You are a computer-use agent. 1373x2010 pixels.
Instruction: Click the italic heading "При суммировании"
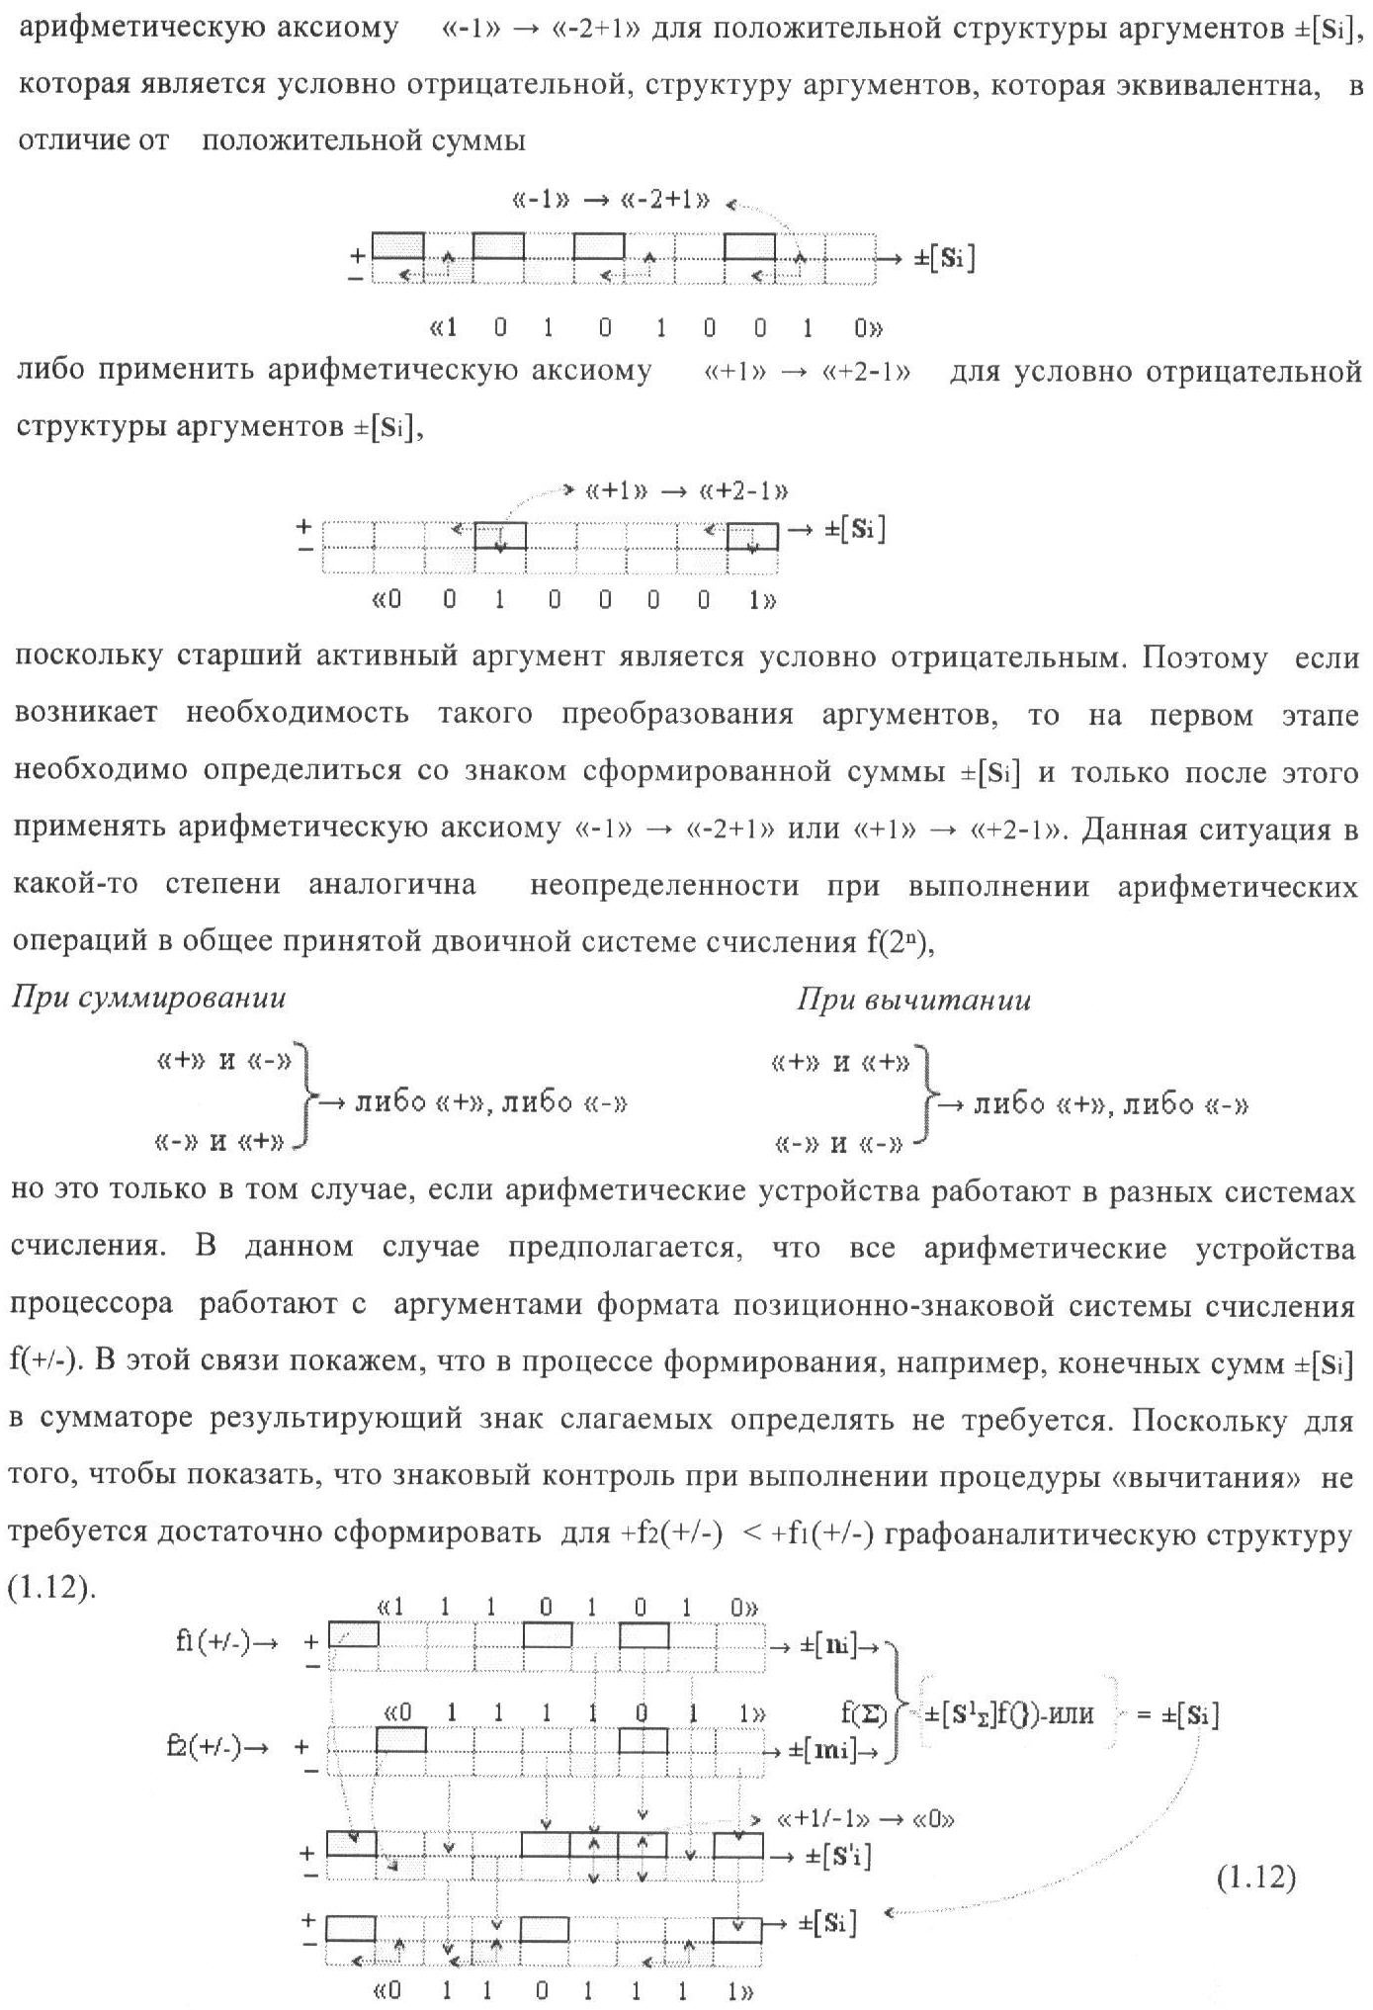click(148, 999)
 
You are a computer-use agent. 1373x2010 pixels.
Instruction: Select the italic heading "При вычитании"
click(913, 1001)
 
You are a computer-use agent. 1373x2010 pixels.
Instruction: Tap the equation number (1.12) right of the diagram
click(1255, 1879)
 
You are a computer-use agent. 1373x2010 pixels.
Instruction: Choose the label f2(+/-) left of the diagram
click(218, 1746)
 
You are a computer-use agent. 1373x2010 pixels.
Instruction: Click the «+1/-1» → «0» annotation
click(866, 1819)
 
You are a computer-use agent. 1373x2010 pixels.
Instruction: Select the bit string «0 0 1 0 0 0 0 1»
click(573, 600)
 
